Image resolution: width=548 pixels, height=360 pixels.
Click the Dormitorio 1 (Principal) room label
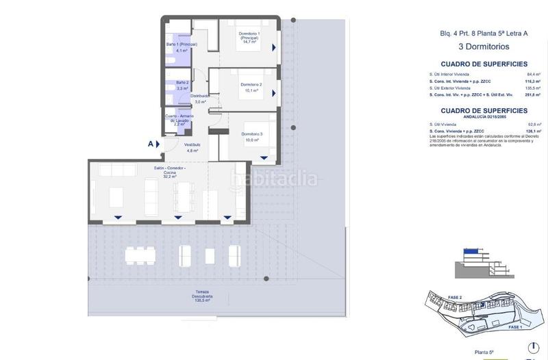[248, 37]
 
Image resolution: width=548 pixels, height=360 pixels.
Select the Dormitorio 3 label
[251, 136]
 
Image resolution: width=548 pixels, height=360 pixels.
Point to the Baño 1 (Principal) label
[182, 47]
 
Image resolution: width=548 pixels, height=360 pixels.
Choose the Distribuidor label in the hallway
[200, 99]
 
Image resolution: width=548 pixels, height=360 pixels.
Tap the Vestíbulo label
[192, 147]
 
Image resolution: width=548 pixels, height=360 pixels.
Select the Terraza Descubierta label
[201, 294]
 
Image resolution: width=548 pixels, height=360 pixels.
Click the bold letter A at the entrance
[150, 144]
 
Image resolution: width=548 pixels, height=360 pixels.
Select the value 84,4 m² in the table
[534, 73]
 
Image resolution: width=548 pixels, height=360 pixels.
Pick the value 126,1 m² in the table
[534, 131]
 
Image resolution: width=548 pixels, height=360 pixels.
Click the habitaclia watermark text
[275, 179]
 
